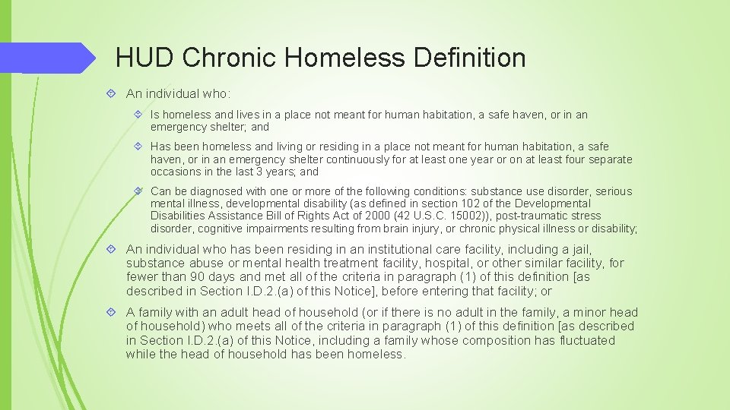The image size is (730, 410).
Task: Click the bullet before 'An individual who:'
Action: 111,93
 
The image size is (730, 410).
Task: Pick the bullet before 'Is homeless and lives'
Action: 138,115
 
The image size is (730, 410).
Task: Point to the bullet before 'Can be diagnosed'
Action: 138,191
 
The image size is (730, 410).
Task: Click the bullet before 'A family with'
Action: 111,312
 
